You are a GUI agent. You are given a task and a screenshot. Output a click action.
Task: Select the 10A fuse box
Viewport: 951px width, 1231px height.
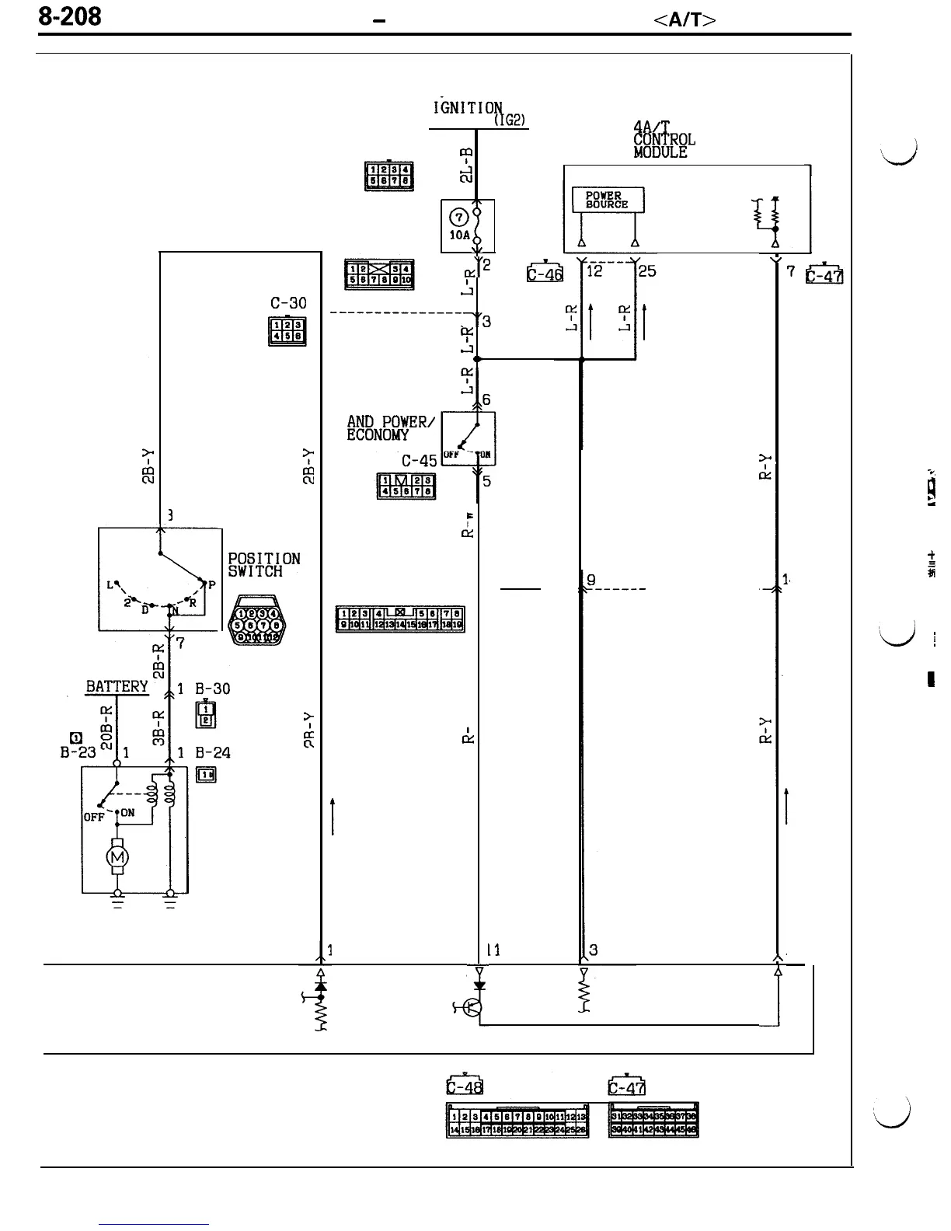click(x=468, y=225)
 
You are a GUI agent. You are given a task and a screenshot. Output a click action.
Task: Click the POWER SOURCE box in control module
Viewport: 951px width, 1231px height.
click(x=608, y=200)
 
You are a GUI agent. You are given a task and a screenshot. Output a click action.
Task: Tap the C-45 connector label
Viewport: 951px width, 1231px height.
click(x=420, y=461)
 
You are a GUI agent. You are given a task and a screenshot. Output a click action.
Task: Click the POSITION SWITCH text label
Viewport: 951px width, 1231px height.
click(x=263, y=565)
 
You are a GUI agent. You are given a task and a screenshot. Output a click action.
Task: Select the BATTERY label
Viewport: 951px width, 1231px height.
click(x=117, y=686)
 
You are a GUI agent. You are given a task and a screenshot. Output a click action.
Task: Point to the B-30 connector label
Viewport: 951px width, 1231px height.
click(x=213, y=689)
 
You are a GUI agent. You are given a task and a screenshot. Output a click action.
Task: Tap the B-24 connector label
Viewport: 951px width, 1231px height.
click(x=213, y=752)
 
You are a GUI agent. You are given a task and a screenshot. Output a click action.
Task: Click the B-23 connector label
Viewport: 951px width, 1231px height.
click(x=75, y=752)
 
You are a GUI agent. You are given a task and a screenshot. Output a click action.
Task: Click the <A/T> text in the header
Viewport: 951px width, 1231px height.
click(x=684, y=21)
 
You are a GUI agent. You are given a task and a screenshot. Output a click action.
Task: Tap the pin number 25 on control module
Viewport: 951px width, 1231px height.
click(x=647, y=271)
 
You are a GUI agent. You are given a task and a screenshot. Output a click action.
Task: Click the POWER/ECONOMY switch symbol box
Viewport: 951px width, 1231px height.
click(x=468, y=438)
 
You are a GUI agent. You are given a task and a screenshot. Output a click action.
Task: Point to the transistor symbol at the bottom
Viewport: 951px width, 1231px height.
click(x=472, y=1009)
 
